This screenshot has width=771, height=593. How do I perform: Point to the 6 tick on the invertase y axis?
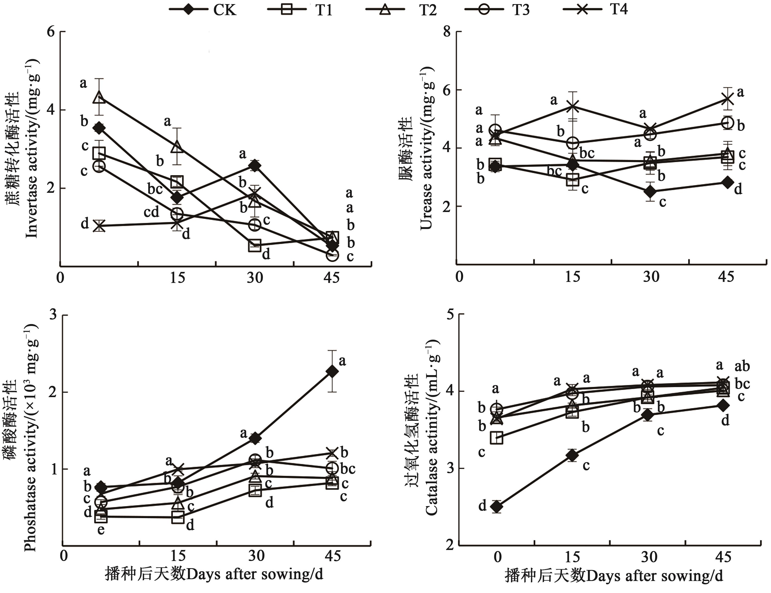tap(51, 32)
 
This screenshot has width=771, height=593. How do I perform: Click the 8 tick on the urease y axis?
tap(447, 32)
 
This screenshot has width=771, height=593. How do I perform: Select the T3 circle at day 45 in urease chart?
tap(727, 123)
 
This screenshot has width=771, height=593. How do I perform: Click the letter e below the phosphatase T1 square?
tap(101, 530)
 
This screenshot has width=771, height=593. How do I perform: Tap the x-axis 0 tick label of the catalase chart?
tap(497, 557)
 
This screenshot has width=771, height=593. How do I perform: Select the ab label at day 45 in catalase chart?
tap(742, 367)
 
